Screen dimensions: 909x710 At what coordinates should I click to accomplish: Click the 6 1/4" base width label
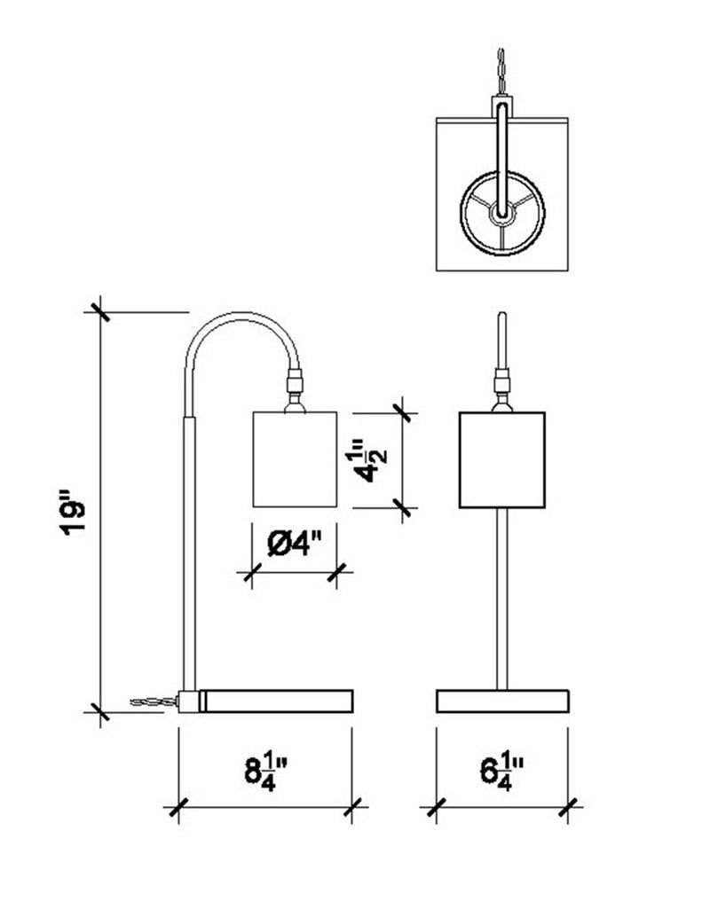501,769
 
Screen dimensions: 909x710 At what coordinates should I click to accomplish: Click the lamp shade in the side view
295,458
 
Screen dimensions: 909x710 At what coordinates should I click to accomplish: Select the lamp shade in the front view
501,459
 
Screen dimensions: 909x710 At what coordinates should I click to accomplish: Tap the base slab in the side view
277,701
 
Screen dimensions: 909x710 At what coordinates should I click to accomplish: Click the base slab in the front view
501,701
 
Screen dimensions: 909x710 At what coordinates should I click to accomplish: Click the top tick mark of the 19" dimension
99,312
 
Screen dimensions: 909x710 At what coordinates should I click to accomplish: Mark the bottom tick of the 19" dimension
99,710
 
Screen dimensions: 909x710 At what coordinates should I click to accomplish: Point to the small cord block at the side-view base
188,701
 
